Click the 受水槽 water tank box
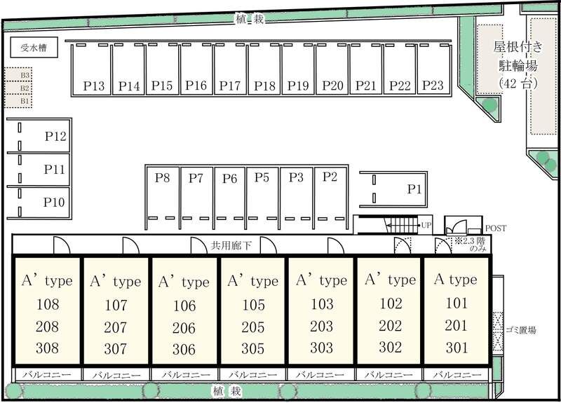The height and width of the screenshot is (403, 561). (x=34, y=47)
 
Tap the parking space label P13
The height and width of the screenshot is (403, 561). (x=94, y=86)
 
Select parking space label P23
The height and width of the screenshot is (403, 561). (x=433, y=86)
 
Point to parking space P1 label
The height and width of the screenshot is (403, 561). (x=414, y=189)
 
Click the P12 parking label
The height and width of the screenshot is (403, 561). (x=55, y=136)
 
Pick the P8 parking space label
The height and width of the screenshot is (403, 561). (x=162, y=177)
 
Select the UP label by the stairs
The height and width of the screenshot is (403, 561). (x=426, y=225)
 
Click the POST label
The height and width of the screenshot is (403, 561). (x=496, y=228)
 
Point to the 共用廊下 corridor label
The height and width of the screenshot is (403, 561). (x=231, y=245)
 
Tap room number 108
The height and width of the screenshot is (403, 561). (x=48, y=304)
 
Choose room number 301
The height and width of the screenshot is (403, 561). (x=457, y=347)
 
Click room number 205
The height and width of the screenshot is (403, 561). (x=253, y=327)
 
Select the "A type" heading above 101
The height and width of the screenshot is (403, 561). (x=455, y=279)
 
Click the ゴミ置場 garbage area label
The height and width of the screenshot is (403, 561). (x=521, y=330)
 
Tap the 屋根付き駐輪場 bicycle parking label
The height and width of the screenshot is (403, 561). (x=518, y=56)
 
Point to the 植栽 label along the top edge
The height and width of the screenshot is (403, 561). (x=250, y=19)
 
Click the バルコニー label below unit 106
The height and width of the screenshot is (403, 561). (x=186, y=375)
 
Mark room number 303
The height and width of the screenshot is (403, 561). (x=322, y=348)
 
